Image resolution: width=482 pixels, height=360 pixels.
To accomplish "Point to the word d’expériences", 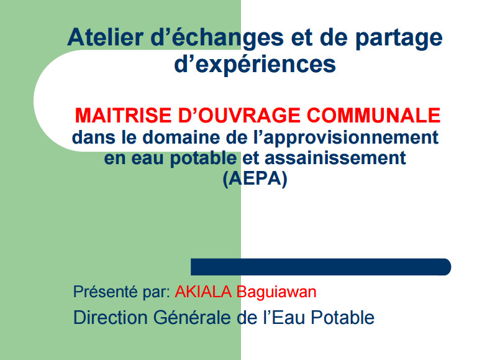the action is click(x=255, y=65).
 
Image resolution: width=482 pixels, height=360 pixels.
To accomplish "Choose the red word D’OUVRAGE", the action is click(x=239, y=115).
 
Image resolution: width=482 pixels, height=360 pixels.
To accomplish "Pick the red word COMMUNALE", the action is click(x=373, y=115).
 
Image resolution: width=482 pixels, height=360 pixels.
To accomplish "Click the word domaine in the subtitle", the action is click(x=181, y=137).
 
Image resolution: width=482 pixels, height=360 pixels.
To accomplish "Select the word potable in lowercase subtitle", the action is click(x=204, y=159).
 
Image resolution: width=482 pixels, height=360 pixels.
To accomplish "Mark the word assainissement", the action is click(x=335, y=158).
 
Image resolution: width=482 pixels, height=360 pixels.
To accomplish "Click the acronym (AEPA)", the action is click(x=255, y=178).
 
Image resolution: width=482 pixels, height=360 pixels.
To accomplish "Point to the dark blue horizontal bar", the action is click(x=321, y=267).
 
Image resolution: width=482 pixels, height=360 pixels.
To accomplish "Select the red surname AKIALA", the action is click(x=203, y=292).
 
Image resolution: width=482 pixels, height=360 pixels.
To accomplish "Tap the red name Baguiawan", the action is click(x=276, y=292).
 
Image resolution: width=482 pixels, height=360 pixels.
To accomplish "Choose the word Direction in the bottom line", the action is click(x=111, y=317).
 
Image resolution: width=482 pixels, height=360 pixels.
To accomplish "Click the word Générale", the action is click(x=192, y=317).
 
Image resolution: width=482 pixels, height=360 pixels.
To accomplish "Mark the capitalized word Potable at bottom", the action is click(x=343, y=317).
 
